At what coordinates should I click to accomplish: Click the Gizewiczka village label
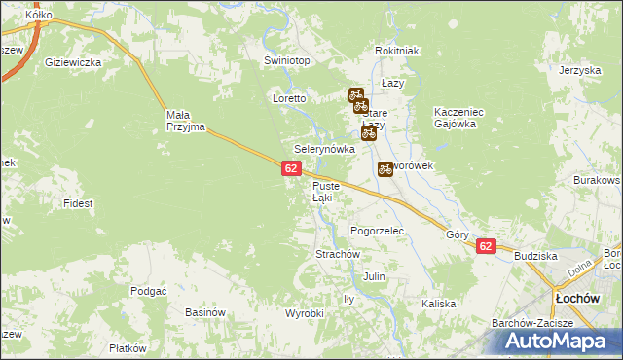coord(74,62)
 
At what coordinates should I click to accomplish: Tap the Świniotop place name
coord(287,60)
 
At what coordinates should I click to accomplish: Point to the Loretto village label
coord(289,99)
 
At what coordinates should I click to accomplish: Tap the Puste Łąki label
coord(325,192)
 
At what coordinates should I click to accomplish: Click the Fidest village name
coord(78,203)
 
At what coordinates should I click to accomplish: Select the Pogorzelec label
coord(377,231)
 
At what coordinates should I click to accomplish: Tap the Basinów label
coord(204,313)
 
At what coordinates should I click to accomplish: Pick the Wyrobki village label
coord(304,313)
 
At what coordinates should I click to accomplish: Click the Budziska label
coord(535,255)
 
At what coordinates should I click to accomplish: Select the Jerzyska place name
coord(578,71)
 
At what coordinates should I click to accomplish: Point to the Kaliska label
coord(439,304)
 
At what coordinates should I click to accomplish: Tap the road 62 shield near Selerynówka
coord(291,168)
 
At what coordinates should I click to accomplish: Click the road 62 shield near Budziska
coord(486,247)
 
